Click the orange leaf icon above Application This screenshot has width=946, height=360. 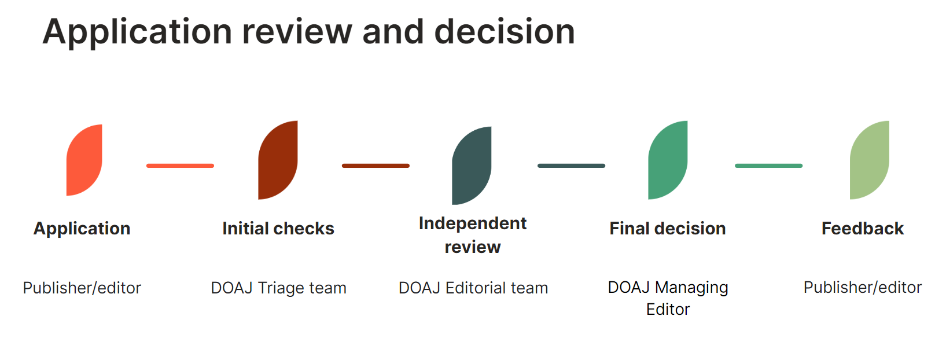point(84,160)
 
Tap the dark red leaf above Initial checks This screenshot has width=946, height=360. point(278,160)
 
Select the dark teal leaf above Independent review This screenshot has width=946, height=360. point(472,166)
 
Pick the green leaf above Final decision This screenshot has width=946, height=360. point(668,160)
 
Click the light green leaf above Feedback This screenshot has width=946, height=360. point(869,160)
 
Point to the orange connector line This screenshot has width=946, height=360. point(180,166)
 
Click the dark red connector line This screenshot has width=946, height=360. point(376,166)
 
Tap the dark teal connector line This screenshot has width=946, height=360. point(571,166)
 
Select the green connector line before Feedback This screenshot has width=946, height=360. point(768,166)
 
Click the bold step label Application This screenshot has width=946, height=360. point(82,229)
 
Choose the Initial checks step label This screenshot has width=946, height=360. point(278,229)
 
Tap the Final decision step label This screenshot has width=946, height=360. point(668,229)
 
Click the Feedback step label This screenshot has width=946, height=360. point(863,229)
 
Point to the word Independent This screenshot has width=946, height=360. point(473,223)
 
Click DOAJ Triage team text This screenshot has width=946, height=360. point(278,288)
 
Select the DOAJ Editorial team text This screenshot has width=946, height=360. point(473,288)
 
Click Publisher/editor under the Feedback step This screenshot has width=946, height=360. point(863,288)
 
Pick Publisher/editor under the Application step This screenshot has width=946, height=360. point(82,288)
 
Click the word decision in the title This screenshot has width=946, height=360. point(505,31)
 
